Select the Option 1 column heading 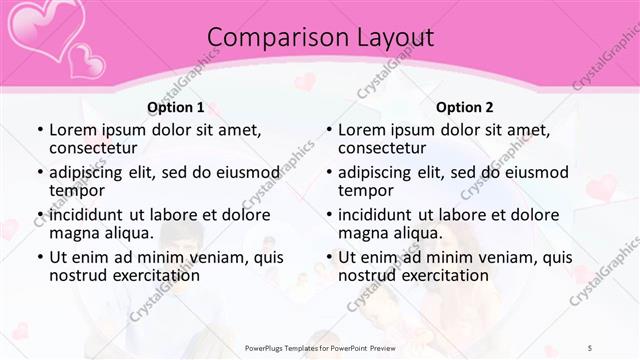point(175,107)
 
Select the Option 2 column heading point(465,107)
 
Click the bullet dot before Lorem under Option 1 point(39,131)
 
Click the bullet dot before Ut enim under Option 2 point(328,257)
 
